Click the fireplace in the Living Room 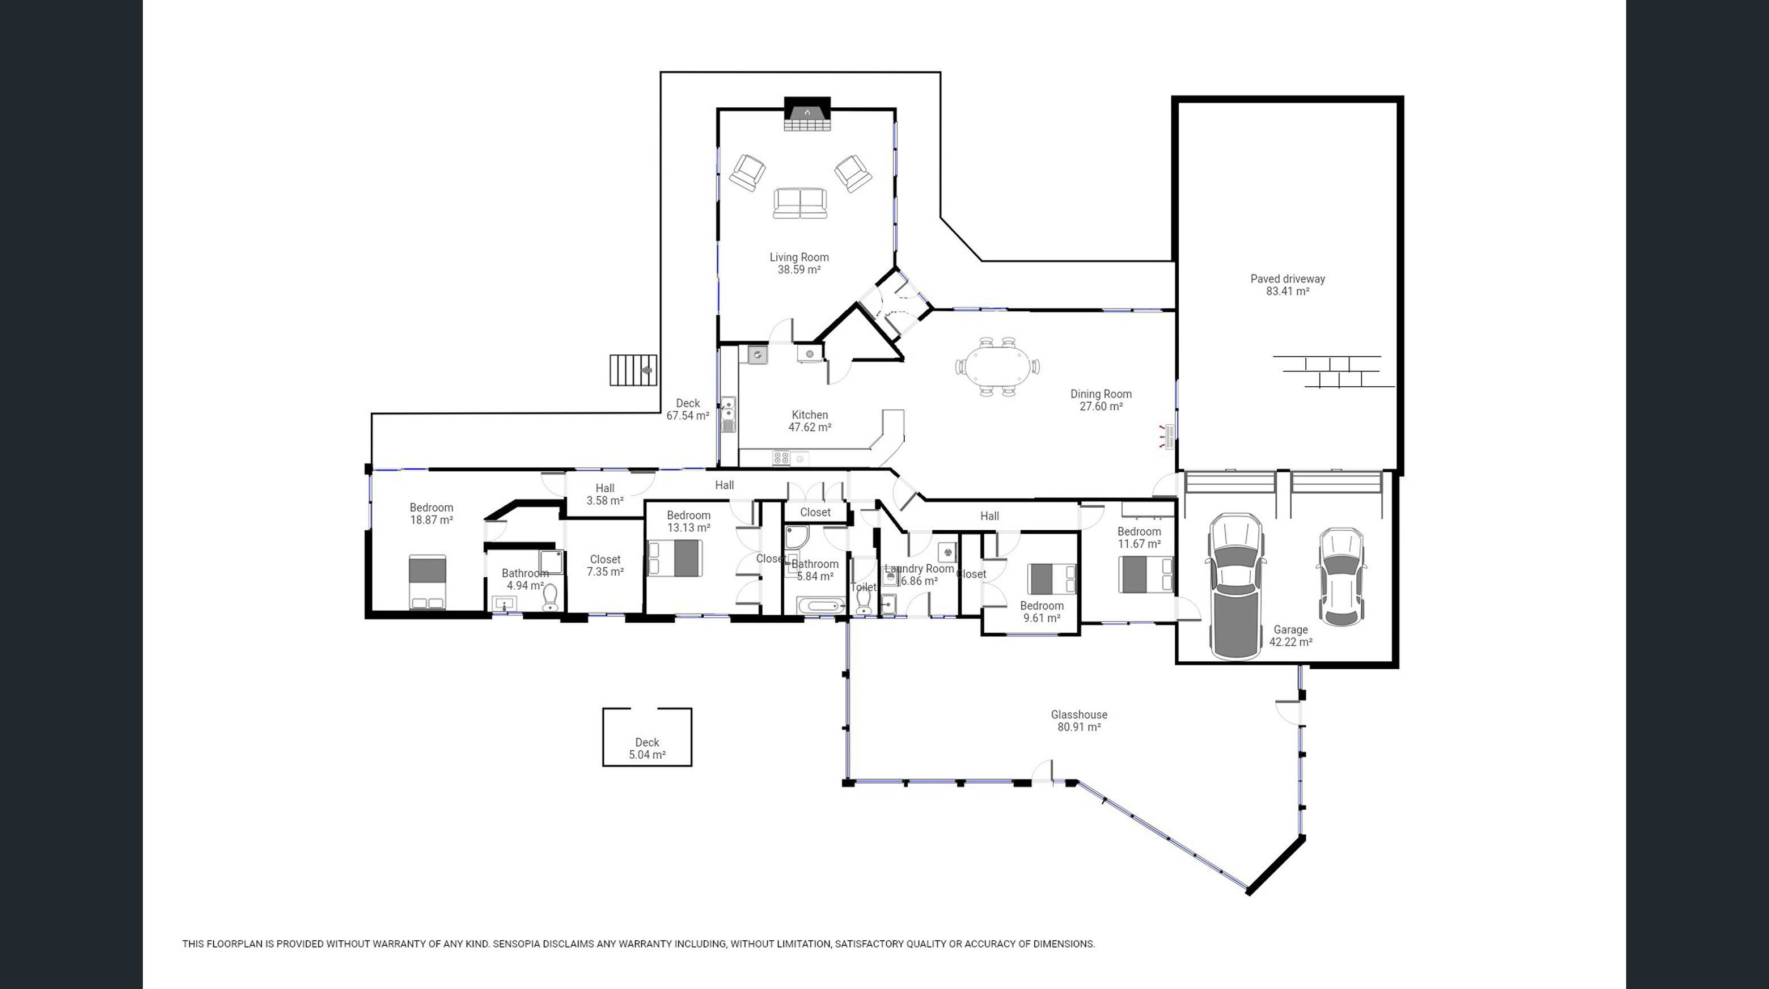(x=807, y=115)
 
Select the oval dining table (x=997, y=367)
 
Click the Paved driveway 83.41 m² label (x=1288, y=284)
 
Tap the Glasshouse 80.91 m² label (x=1079, y=720)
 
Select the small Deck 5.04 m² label (x=647, y=748)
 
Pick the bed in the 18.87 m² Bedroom (x=427, y=582)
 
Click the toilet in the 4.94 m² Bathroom (x=550, y=598)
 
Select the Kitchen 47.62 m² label (x=810, y=420)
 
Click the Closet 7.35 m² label (x=605, y=565)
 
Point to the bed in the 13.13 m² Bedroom (x=676, y=557)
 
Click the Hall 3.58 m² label (x=605, y=494)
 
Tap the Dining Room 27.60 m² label (x=1101, y=400)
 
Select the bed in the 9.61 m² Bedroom (x=1051, y=578)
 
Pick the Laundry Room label (x=919, y=569)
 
